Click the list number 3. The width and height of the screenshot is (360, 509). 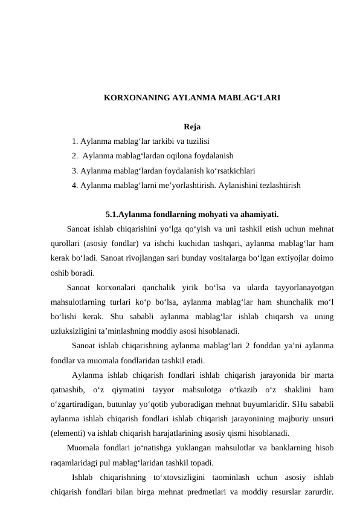point(74,170)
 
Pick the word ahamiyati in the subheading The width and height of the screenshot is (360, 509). point(259,214)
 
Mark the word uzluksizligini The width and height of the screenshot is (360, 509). point(76,331)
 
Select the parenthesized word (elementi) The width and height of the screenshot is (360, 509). point(68,433)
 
